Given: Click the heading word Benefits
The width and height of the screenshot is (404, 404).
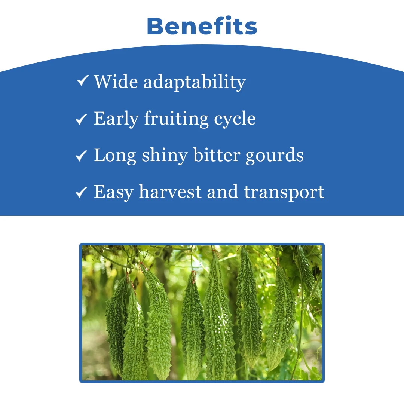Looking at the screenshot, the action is pyautogui.click(x=202, y=26).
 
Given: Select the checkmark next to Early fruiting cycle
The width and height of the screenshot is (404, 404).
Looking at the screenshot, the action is pyautogui.click(x=81, y=119).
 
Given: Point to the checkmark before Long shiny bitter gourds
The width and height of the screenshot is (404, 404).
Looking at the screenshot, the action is pyautogui.click(x=81, y=156).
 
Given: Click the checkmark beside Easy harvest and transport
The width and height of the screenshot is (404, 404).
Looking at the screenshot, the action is pyautogui.click(x=81, y=192).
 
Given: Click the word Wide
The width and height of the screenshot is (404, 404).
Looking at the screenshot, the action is pyautogui.click(x=116, y=82).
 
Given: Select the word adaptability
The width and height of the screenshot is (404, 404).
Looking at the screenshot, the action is pyautogui.click(x=195, y=82).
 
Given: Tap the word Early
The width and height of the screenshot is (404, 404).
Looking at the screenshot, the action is pyautogui.click(x=116, y=119).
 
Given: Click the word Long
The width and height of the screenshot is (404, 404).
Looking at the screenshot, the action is pyautogui.click(x=115, y=156).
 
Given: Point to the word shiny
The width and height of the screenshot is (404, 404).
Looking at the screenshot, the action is pyautogui.click(x=165, y=156).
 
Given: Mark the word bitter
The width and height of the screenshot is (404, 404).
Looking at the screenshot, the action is pyautogui.click(x=217, y=155).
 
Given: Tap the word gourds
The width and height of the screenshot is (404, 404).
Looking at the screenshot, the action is pyautogui.click(x=275, y=156).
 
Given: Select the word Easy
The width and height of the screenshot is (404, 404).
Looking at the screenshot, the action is pyautogui.click(x=114, y=192).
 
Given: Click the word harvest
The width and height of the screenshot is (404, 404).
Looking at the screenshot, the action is pyautogui.click(x=170, y=192).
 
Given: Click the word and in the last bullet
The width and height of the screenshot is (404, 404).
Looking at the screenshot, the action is pyautogui.click(x=223, y=192).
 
